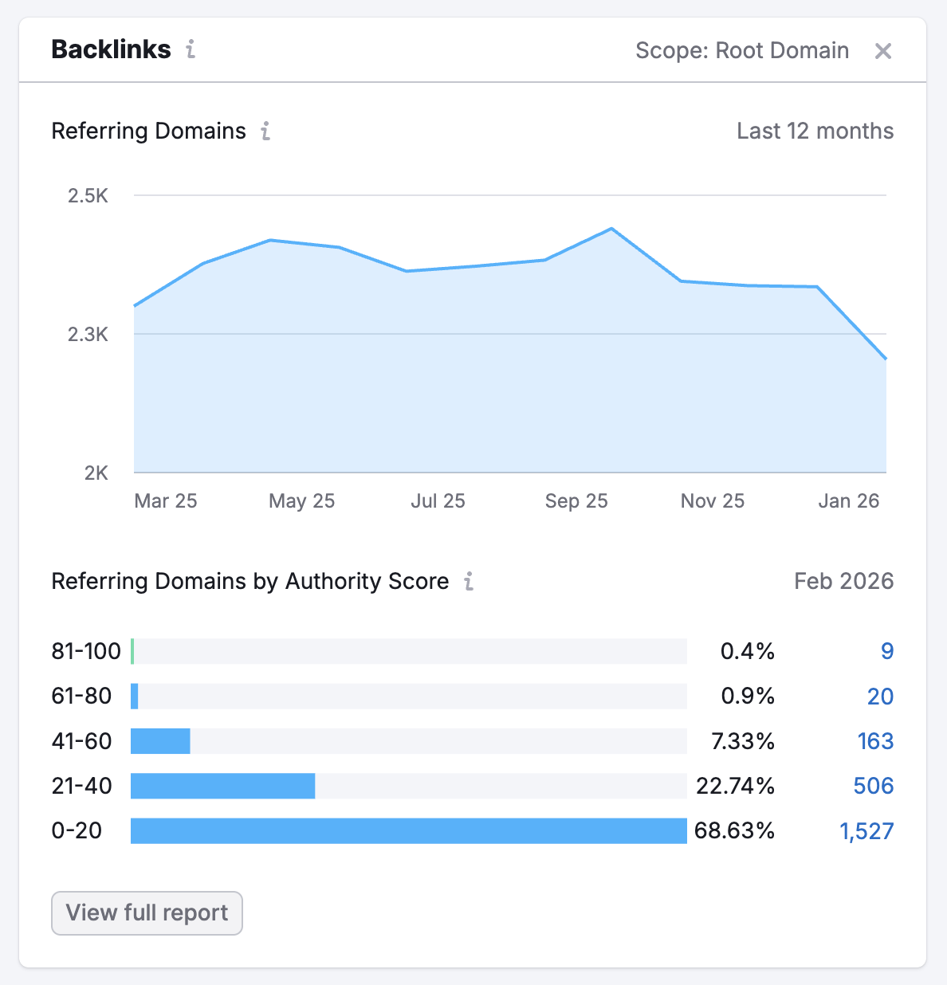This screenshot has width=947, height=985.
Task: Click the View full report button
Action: (147, 912)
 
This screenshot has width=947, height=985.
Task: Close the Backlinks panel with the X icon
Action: (882, 51)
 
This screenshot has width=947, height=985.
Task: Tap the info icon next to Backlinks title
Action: (191, 49)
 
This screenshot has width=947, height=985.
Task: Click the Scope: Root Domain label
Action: (741, 50)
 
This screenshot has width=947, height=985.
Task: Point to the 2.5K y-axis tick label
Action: (88, 196)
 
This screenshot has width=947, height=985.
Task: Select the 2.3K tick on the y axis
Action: (88, 335)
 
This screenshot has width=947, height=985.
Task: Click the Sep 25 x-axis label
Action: (576, 500)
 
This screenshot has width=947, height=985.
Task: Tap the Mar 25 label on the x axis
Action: (165, 500)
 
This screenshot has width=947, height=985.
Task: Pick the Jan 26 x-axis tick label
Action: (848, 500)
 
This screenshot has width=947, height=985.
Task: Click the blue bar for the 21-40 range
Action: (222, 786)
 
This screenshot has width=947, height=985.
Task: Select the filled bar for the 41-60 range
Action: (160, 741)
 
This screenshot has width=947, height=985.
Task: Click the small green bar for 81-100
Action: (132, 651)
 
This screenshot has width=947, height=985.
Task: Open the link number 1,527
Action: (866, 831)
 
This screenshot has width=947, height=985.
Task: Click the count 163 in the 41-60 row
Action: (875, 741)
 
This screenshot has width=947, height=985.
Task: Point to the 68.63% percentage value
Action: (734, 831)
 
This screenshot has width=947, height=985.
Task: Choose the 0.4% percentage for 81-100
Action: (747, 651)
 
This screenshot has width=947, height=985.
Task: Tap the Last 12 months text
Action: (815, 131)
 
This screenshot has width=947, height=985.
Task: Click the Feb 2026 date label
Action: (843, 581)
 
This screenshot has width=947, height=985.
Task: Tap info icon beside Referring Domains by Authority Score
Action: (469, 581)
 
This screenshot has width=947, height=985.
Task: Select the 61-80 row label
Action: (81, 696)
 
